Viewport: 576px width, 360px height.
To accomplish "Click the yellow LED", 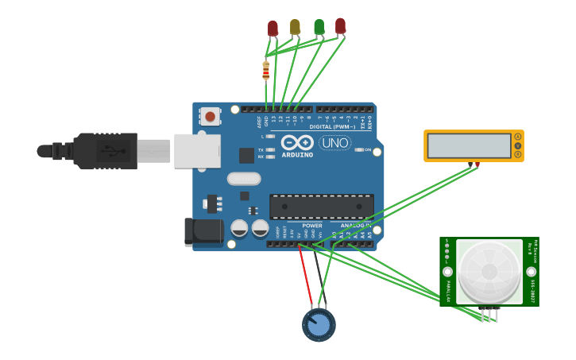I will coord(295,27).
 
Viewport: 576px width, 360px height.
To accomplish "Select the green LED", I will coord(319,27).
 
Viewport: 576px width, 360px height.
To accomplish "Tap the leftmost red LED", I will coord(273,28).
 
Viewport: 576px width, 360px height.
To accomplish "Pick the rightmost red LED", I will coord(340,26).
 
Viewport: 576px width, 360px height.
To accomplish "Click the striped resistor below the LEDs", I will coord(265,71).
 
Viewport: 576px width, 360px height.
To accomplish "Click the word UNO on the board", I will coord(334,143).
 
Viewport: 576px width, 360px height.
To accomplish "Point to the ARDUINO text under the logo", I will coord(297,154).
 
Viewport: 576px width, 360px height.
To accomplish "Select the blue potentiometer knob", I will coord(319,325).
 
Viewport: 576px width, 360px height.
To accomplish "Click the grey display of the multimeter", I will coord(469,145).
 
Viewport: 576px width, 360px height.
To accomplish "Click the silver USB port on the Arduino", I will coord(197,150).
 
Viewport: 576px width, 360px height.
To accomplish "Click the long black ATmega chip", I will coord(321,206).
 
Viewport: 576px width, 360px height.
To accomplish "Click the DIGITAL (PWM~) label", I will coord(332,126).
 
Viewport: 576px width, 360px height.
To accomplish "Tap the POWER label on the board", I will coord(312,226).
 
